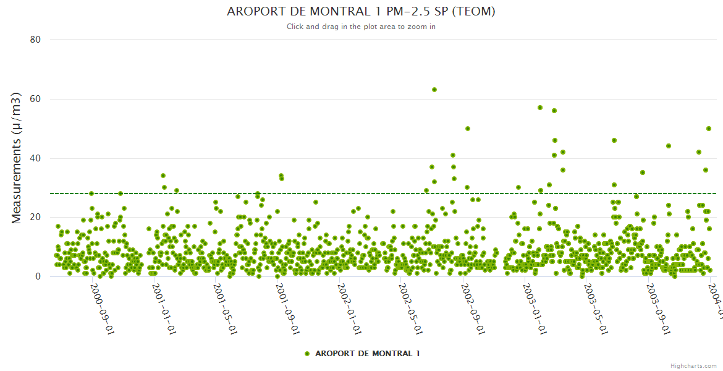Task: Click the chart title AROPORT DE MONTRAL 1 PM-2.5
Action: (x=361, y=12)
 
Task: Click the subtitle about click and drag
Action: (x=361, y=27)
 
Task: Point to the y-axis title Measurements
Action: (x=17, y=158)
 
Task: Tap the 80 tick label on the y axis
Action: (x=35, y=40)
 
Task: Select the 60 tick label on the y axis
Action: (x=35, y=99)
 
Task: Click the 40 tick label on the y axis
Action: (x=35, y=158)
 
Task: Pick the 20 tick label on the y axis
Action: (x=35, y=218)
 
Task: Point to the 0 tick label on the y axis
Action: (x=38, y=277)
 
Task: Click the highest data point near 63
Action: (x=434, y=90)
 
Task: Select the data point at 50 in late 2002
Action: (x=468, y=129)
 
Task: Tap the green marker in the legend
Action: (x=307, y=354)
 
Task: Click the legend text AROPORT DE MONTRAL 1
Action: (x=367, y=354)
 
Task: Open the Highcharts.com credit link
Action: (x=693, y=365)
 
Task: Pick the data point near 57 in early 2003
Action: (x=540, y=108)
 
